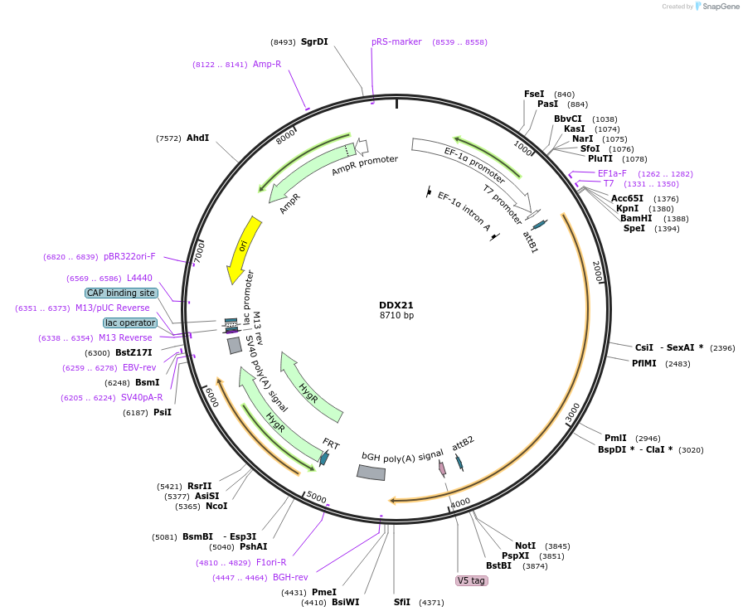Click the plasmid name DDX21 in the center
pyautogui.click(x=396, y=305)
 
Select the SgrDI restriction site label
pyautogui.click(x=314, y=41)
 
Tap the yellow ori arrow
pyautogui.click(x=242, y=249)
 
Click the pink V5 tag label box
pyautogui.click(x=472, y=580)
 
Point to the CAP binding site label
pyautogui.click(x=121, y=293)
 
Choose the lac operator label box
pyautogui.click(x=130, y=323)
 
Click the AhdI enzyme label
pyautogui.click(x=197, y=138)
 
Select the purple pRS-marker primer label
pyautogui.click(x=396, y=41)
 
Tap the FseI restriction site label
pyautogui.click(x=534, y=94)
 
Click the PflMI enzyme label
pyautogui.click(x=643, y=363)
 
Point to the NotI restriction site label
pyautogui.click(x=525, y=546)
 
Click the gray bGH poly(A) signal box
pyautogui.click(x=371, y=472)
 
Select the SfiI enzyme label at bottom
pyautogui.click(x=401, y=602)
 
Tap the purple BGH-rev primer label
pyautogui.click(x=290, y=577)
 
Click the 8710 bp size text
pyautogui.click(x=396, y=316)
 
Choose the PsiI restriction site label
pyautogui.click(x=162, y=412)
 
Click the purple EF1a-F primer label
pyautogui.click(x=612, y=173)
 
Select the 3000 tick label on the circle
pyautogui.click(x=573, y=411)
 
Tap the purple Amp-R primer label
pyautogui.click(x=266, y=64)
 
